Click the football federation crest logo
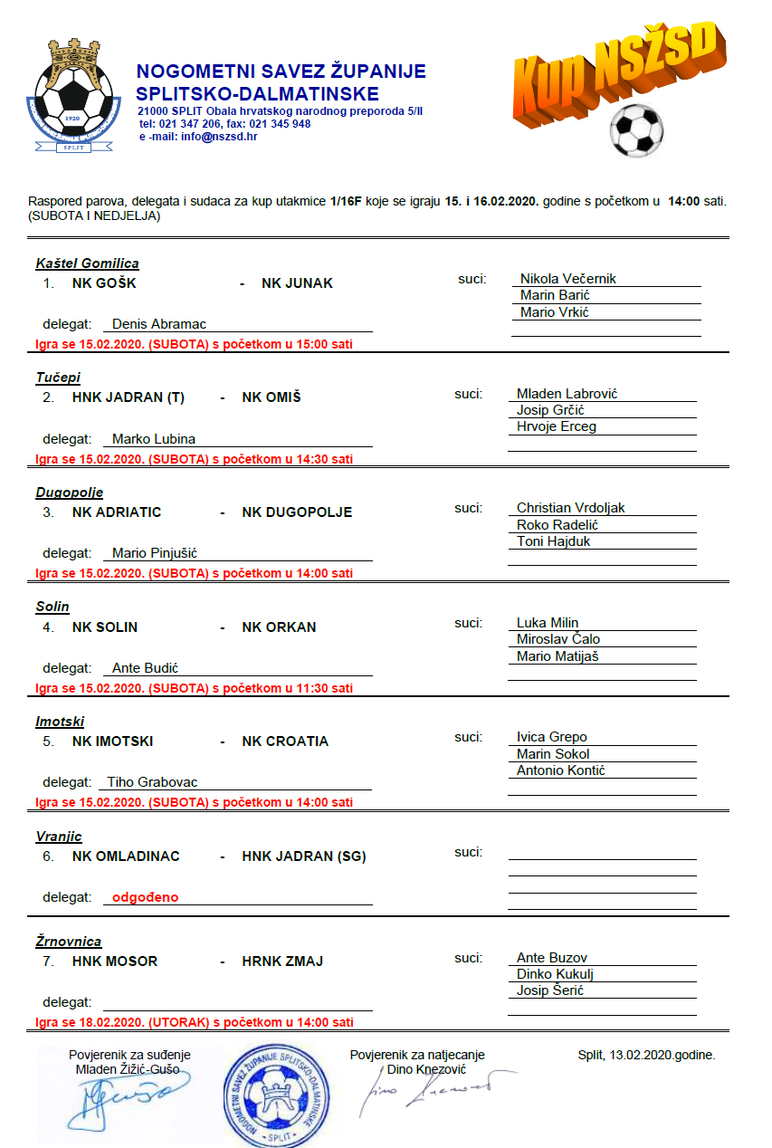72,97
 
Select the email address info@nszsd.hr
219,137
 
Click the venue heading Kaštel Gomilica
87,263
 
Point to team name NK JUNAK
297,283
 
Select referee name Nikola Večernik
568,279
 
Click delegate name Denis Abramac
159,324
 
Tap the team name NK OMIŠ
271,397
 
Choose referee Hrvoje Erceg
556,426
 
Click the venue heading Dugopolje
69,493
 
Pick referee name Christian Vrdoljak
570,508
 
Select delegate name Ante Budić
145,668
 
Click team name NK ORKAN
279,627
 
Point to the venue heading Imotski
60,722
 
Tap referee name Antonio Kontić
560,770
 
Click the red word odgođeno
145,897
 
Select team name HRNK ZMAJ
282,961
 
